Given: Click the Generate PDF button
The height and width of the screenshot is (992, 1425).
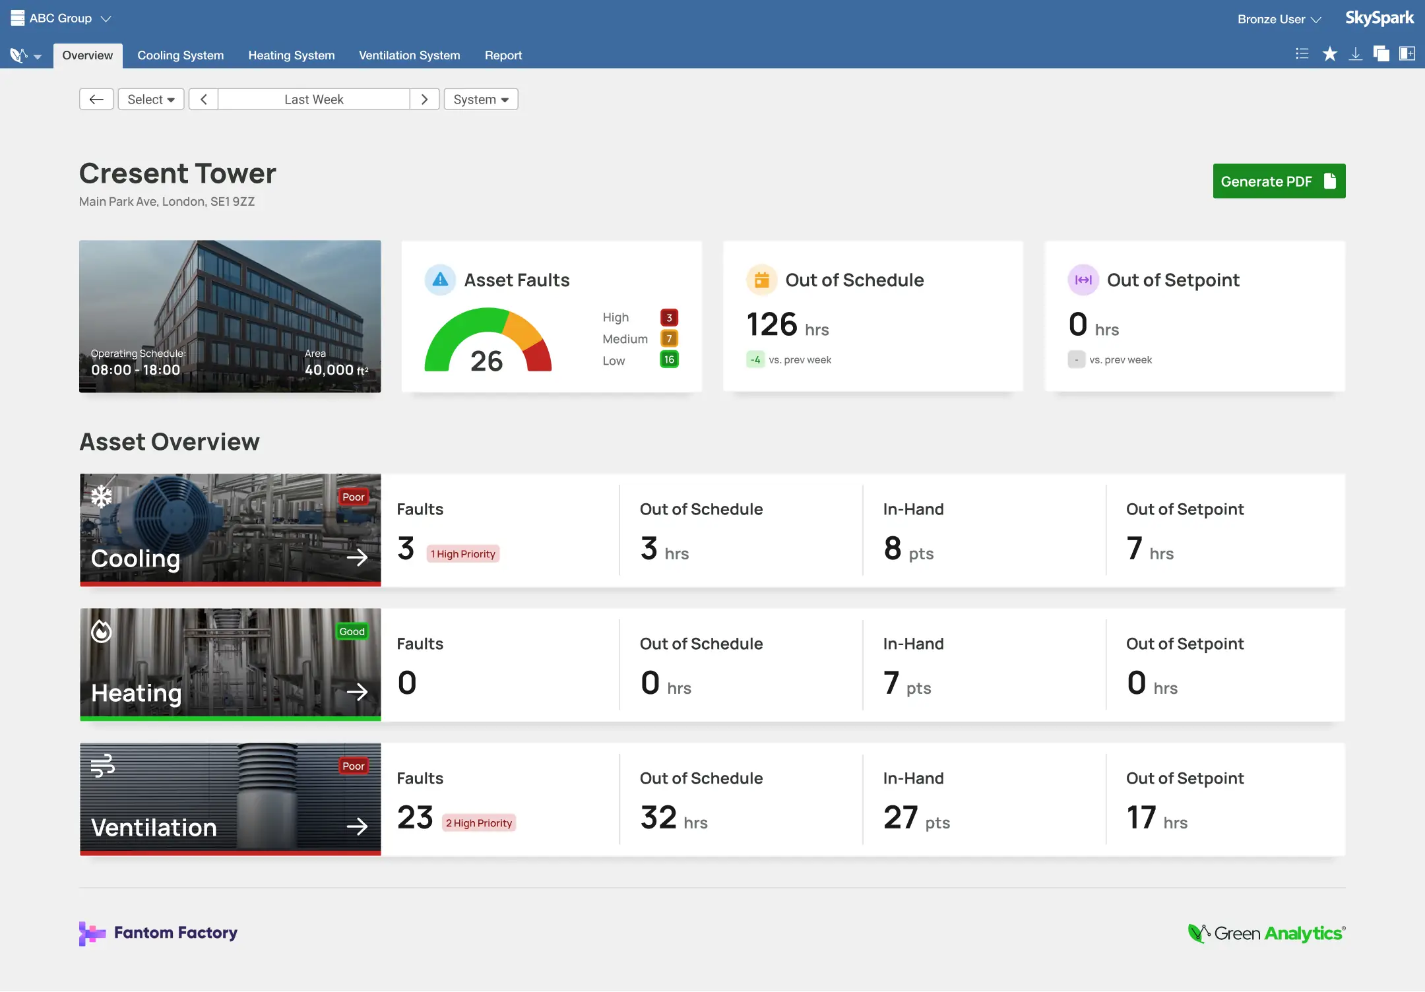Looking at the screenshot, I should coord(1278,181).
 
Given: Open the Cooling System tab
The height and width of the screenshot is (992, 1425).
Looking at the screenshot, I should coord(180,55).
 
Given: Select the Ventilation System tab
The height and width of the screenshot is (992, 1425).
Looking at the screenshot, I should coord(409,55).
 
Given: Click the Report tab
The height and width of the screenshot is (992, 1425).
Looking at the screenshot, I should coord(503,55).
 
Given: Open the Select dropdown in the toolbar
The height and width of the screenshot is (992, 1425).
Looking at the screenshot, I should coord(150,100).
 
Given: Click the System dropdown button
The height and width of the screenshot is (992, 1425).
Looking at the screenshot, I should coord(480,100).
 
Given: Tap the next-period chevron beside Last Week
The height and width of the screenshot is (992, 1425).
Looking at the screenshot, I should coord(424,100).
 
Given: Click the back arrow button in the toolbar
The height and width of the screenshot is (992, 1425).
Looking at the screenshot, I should coord(96,100).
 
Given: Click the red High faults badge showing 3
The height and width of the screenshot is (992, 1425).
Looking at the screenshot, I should coord(669,318).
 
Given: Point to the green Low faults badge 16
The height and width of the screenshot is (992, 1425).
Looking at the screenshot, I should coord(669,359).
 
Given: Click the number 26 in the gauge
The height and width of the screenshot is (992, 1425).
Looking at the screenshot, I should coord(486,361).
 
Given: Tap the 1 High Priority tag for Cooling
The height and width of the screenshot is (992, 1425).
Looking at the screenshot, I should coord(463,554).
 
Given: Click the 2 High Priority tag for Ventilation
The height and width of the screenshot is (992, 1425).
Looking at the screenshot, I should coord(479,823).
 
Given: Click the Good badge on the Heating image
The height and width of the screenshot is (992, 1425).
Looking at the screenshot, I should coord(352,632).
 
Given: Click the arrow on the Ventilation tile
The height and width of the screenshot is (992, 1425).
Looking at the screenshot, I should coord(357,826).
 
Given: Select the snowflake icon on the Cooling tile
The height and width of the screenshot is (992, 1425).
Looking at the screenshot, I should coord(102,497).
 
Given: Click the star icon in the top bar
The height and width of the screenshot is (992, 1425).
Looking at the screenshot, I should coord(1329,54).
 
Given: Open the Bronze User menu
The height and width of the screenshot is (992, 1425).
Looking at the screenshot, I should coord(1279,19).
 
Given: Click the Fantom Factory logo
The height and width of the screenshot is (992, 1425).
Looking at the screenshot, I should coord(158,933).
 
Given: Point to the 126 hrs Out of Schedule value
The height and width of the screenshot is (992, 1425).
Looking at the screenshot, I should coord(787,325).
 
